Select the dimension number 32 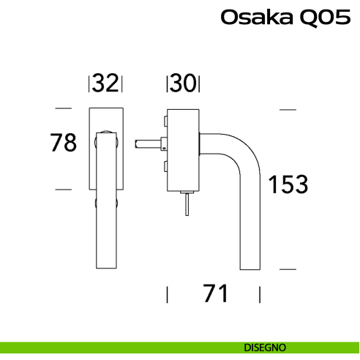(x=106, y=84)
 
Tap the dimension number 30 (x=184, y=84)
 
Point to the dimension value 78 (x=64, y=143)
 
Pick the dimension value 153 (x=287, y=184)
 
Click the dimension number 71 (x=214, y=294)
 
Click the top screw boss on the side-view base (x=167, y=120)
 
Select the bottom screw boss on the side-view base (x=167, y=165)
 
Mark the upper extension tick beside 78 (x=64, y=109)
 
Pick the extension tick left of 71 (x=168, y=295)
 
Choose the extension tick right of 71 (x=260, y=295)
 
